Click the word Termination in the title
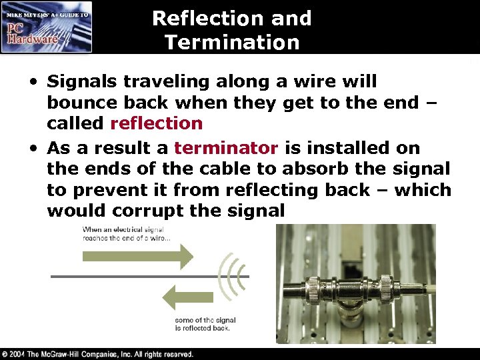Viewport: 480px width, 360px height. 231,43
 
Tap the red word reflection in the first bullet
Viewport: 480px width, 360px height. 156,123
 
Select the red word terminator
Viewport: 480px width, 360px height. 226,147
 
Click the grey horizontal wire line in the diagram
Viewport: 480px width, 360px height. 133,276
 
